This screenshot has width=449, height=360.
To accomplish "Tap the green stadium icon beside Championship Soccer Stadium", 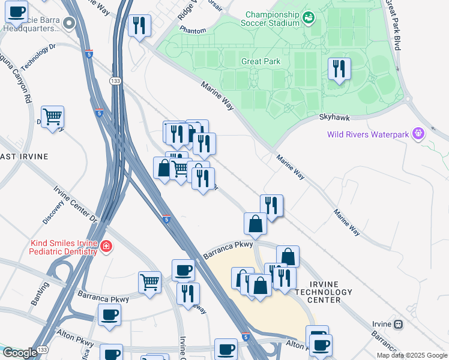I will pos(309,18).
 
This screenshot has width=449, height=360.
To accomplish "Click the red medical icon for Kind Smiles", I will pos(106,247).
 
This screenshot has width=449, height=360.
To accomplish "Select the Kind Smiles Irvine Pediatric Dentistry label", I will pos(63,247).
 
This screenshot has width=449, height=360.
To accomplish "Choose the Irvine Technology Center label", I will pos(323,292).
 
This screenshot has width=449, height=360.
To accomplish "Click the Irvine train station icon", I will pos(398,324).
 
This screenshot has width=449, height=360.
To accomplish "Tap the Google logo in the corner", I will pos(20,353).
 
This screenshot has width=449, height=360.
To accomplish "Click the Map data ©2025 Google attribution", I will pos(412,355).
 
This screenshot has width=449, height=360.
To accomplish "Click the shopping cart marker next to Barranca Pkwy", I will pos(149,281).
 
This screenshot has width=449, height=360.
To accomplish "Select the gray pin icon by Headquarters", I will pos(69,23).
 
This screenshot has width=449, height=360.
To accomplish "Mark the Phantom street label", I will pos(193,30).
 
